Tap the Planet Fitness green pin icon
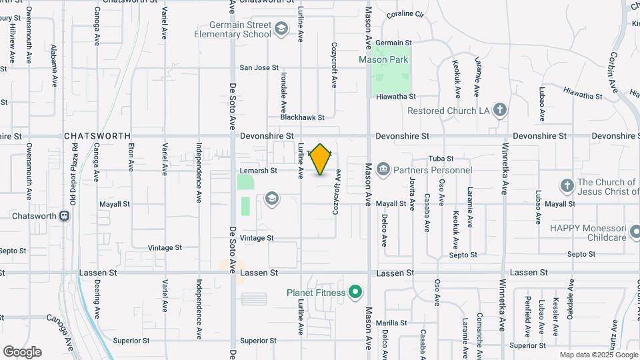point(355,292)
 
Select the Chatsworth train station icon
point(65,216)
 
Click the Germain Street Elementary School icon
point(281,28)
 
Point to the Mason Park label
point(383,59)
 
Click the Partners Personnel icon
point(383,169)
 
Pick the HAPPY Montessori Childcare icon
point(635,232)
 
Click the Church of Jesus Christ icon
point(567,186)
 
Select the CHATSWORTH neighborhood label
point(97,135)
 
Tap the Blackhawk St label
point(302,117)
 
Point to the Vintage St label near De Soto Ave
point(257,238)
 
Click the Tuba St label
point(441,159)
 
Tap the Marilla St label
point(391,323)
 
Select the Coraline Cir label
point(405,13)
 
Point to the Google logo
point(22,352)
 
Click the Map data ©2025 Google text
point(598,355)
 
